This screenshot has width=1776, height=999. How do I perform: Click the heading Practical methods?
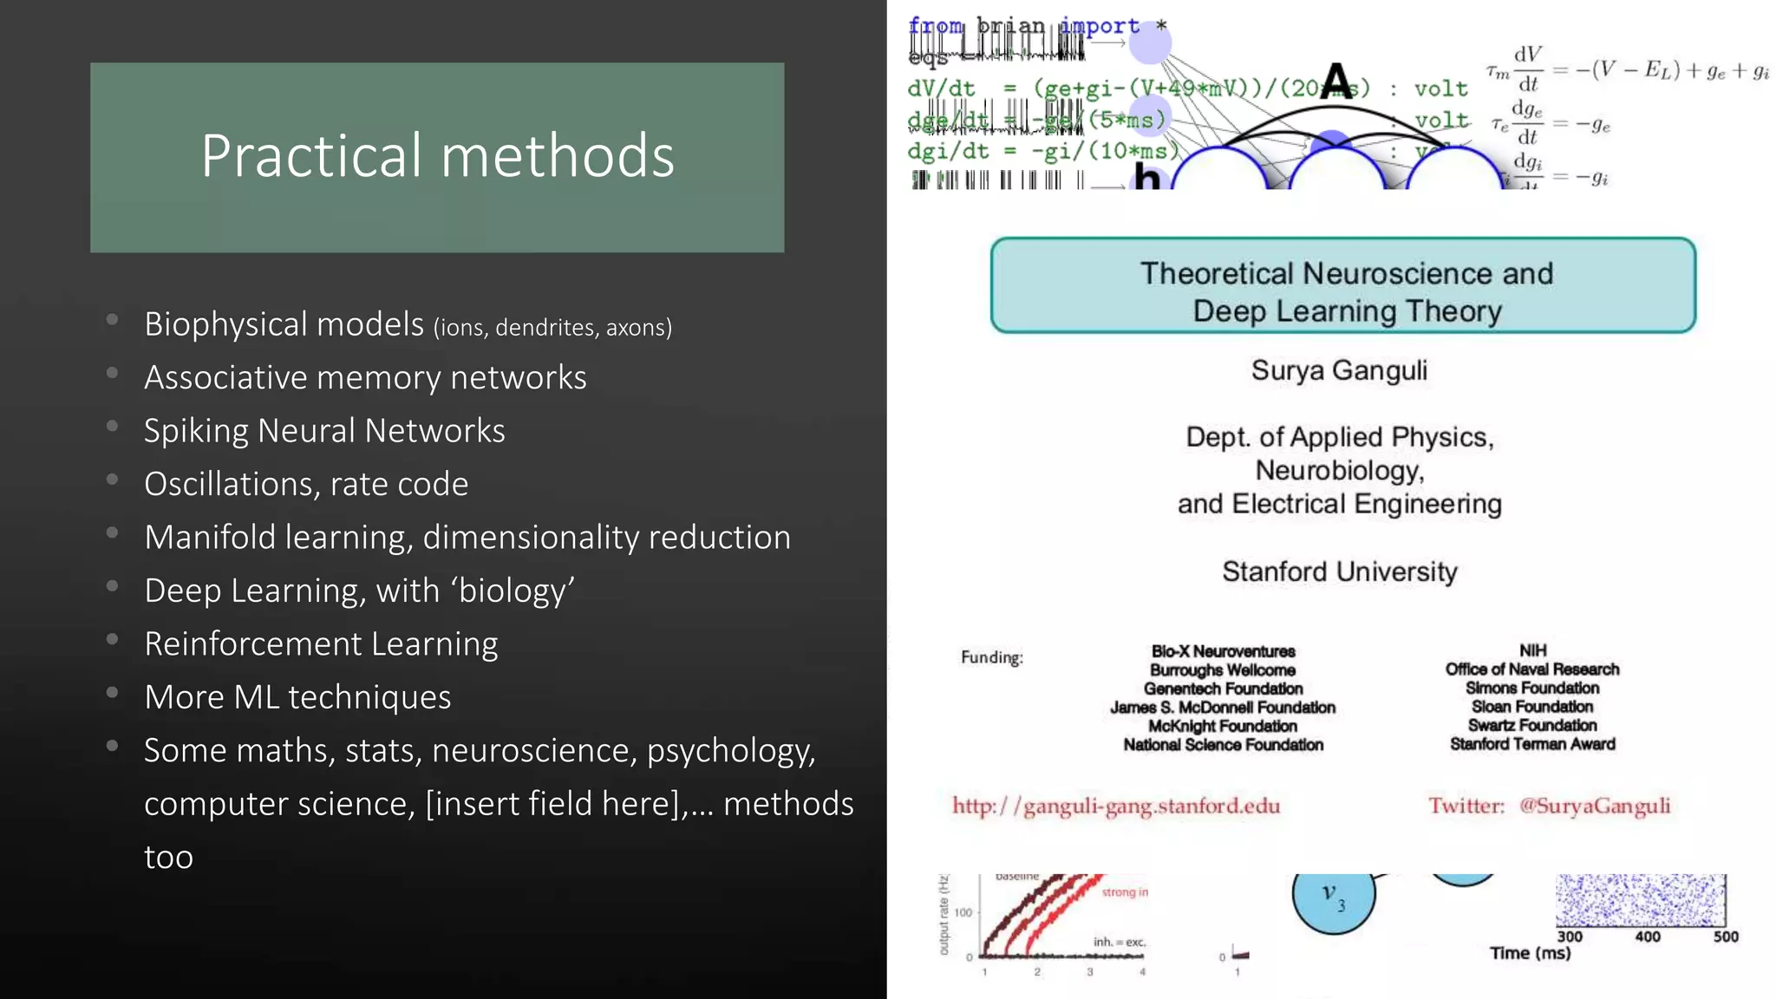pyautogui.click(x=437, y=156)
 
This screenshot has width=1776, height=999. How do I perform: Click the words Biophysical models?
pyautogui.click(x=284, y=324)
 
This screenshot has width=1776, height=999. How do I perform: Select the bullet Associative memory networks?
pyautogui.click(x=365, y=378)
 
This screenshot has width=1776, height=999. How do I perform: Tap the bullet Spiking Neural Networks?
pyautogui.click(x=324, y=431)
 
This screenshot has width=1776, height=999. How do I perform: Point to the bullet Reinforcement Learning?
pyautogui.click(x=321, y=644)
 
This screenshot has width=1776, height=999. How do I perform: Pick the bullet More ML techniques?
pyautogui.click(x=297, y=697)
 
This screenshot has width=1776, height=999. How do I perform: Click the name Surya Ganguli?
pyautogui.click(x=1339, y=370)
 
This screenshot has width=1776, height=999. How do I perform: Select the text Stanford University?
pyautogui.click(x=1339, y=571)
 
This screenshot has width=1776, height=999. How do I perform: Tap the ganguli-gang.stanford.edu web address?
pyautogui.click(x=1116, y=806)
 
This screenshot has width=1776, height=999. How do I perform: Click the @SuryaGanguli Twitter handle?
pyautogui.click(x=1594, y=806)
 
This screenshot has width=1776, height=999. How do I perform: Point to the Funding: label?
pyautogui.click(x=991, y=657)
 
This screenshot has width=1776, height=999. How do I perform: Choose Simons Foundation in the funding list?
pyautogui.click(x=1532, y=688)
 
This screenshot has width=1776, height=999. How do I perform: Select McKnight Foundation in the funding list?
pyautogui.click(x=1223, y=726)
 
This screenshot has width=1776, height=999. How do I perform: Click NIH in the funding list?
pyautogui.click(x=1532, y=650)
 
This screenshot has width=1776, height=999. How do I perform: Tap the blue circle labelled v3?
pyautogui.click(x=1333, y=898)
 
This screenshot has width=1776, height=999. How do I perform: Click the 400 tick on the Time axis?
pyautogui.click(x=1648, y=937)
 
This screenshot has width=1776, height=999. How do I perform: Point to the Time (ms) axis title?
pyautogui.click(x=1530, y=953)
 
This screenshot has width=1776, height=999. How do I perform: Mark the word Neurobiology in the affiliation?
pyautogui.click(x=1339, y=470)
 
